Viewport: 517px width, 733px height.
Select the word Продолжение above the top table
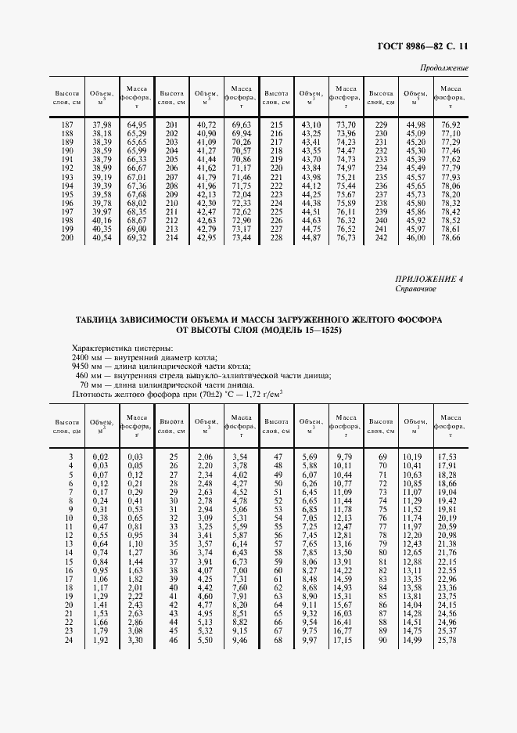pyautogui.click(x=444, y=68)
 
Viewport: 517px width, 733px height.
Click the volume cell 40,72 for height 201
pyautogui.click(x=206, y=125)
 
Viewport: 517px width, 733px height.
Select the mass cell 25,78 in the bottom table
pyautogui.click(x=447, y=641)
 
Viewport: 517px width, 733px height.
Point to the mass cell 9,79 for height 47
pyautogui.click(x=344, y=456)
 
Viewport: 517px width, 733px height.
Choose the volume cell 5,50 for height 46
pyautogui.click(x=205, y=641)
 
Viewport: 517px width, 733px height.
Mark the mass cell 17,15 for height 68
pyautogui.click(x=344, y=641)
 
